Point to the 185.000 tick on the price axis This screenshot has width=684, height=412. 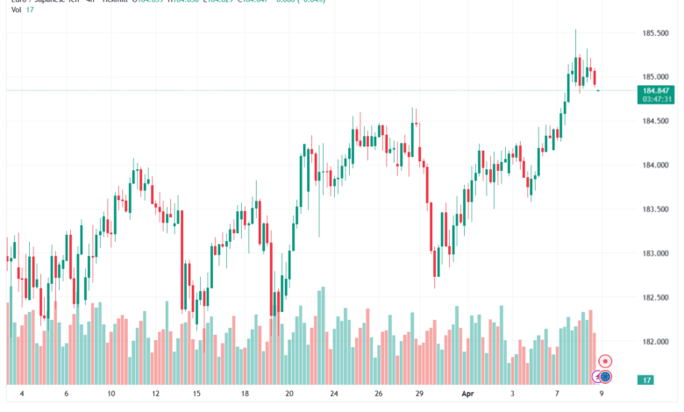[657, 76]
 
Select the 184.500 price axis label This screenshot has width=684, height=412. [657, 121]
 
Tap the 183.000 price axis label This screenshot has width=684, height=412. [657, 253]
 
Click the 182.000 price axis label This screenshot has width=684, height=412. [657, 342]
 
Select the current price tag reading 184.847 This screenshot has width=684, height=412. [657, 90]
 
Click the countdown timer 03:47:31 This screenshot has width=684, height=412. [657, 99]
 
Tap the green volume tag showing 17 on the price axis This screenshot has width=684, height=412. [645, 380]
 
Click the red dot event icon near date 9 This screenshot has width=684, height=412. [605, 361]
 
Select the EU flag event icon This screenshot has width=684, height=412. [606, 377]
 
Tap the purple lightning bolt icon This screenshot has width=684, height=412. [597, 377]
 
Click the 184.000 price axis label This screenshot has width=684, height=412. [657, 165]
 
